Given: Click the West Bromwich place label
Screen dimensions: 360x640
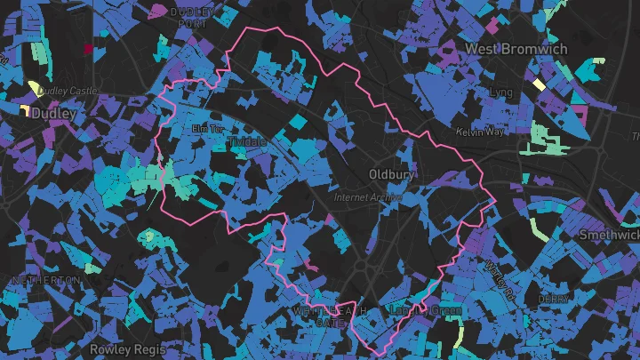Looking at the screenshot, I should click(x=516, y=49).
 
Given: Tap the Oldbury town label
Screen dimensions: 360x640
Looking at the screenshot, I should click(x=391, y=175).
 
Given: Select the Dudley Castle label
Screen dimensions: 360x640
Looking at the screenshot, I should click(x=64, y=90).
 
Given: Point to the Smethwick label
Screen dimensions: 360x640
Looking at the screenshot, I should click(x=609, y=236).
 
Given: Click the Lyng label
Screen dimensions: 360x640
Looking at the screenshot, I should click(x=500, y=92).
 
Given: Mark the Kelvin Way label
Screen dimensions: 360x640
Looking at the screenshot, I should click(x=479, y=132).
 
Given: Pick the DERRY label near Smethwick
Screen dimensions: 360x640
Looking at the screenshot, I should click(x=554, y=300).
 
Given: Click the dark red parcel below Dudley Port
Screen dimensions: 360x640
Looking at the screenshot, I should click(x=88, y=49).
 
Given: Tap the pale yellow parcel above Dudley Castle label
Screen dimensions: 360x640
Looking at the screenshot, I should click(x=35, y=87).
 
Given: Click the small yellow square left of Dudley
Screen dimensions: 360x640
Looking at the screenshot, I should click(x=24, y=111).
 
